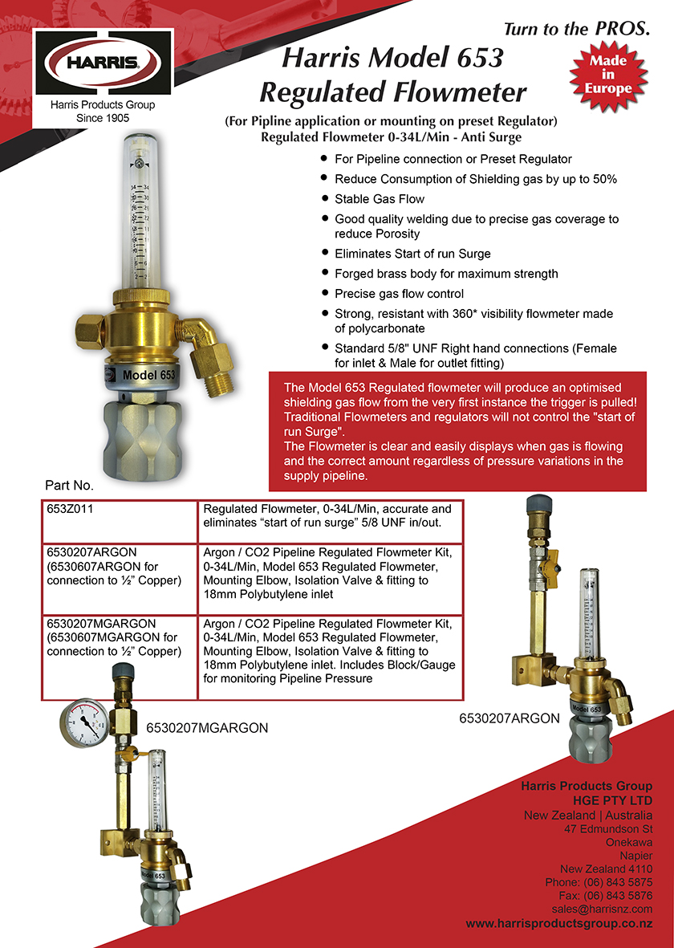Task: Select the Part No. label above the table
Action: coord(70,486)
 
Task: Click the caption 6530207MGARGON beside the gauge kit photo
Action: coord(206,728)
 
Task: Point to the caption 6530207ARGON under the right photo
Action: coord(509,718)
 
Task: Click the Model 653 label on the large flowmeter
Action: coord(148,374)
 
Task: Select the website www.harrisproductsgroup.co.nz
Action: coord(559,924)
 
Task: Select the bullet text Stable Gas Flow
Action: coord(380,198)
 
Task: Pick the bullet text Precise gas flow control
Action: coord(399,294)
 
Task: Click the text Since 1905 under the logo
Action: coord(103,118)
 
